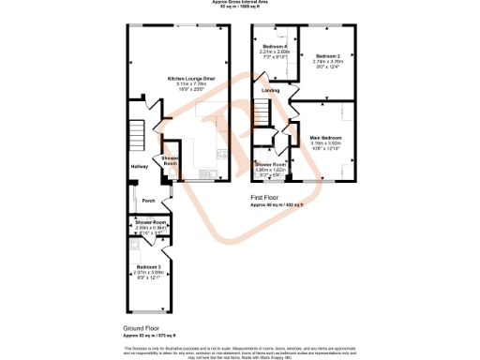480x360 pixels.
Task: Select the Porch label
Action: tap(148, 201)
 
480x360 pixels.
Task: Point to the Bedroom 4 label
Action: tap(274, 46)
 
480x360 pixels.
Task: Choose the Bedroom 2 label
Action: tap(327, 55)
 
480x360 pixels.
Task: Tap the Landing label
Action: tap(270, 90)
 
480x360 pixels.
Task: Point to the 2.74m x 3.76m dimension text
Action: tap(327, 61)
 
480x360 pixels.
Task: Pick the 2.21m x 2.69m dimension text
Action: tap(274, 52)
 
